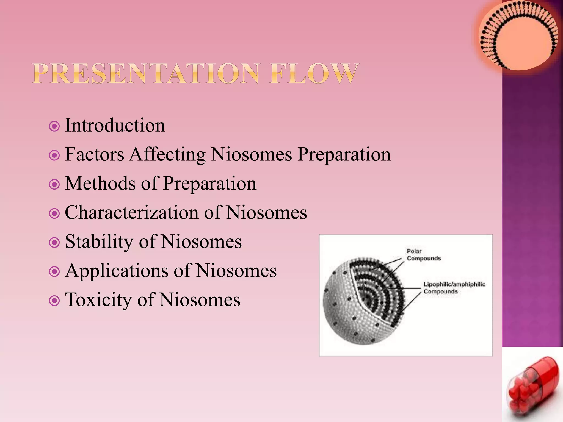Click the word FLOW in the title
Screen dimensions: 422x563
(x=314, y=74)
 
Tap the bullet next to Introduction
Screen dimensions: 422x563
(x=54, y=126)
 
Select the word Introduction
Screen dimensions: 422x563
(x=115, y=126)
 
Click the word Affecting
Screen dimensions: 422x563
(x=167, y=155)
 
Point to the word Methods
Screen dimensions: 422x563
(x=100, y=184)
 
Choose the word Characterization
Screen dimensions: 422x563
(x=131, y=213)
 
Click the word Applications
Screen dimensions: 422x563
(x=116, y=271)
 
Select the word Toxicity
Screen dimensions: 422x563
(x=98, y=300)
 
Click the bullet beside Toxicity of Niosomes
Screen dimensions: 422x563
(x=54, y=301)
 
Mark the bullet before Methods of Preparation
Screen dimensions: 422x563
(x=54, y=184)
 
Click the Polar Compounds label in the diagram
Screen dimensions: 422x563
(x=423, y=255)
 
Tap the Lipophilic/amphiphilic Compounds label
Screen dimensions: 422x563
(x=454, y=288)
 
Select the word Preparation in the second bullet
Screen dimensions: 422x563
(x=344, y=155)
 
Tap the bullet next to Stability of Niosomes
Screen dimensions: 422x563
(x=54, y=243)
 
